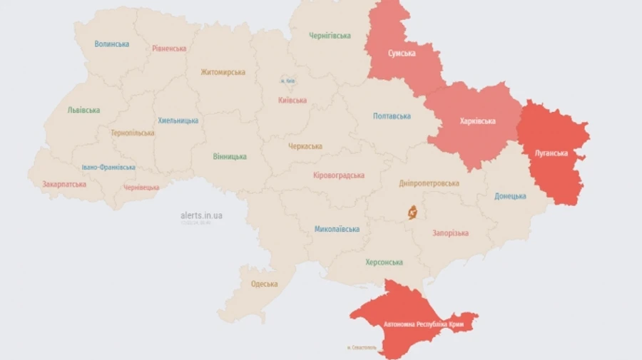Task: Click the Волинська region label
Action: [112, 44]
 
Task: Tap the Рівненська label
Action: [169, 48]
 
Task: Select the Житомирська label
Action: [223, 72]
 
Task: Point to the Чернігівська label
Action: [330, 36]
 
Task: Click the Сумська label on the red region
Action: [402, 53]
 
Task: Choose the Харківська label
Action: [477, 121]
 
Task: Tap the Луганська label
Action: [551, 153]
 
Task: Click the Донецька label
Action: [510, 196]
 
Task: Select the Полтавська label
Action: [392, 116]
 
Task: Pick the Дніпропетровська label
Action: [429, 183]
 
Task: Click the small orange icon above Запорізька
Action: [412, 212]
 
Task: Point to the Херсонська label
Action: [384, 262]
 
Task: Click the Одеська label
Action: [264, 284]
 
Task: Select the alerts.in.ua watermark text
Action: [201, 215]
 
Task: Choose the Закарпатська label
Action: [64, 184]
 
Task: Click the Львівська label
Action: [83, 110]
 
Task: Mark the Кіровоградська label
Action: [339, 175]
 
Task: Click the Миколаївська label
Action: [337, 230]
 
